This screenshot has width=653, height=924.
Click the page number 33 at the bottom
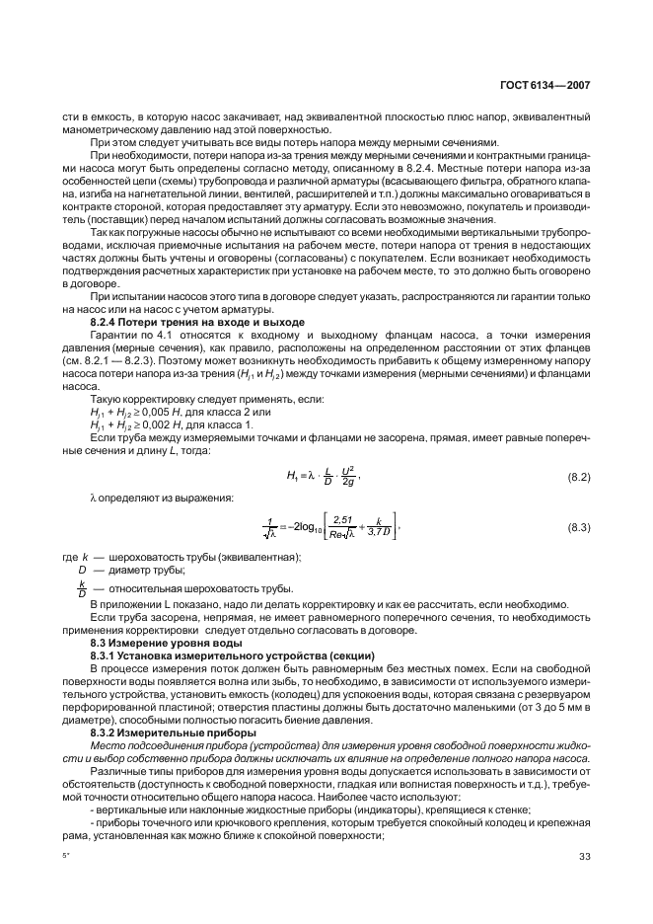point(584,856)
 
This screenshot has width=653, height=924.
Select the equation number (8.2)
point(578,478)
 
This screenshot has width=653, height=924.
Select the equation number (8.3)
point(578,529)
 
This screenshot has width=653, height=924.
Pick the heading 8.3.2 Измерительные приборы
point(162,733)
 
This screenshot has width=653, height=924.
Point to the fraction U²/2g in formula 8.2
point(346,477)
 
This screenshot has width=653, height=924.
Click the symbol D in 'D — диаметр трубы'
point(82,570)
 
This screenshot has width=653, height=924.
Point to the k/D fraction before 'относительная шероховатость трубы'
point(82,587)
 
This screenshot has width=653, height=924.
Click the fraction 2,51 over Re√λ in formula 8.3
point(343,528)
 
